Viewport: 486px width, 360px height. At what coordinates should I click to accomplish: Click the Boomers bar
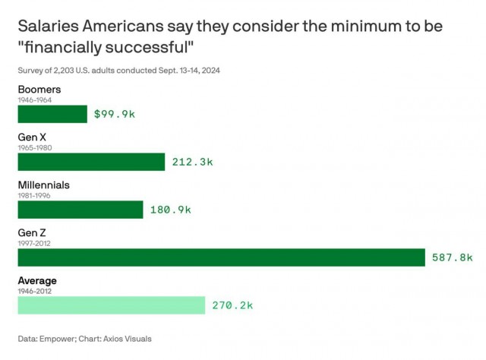tap(52, 114)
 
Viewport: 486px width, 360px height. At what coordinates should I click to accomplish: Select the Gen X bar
tap(91, 162)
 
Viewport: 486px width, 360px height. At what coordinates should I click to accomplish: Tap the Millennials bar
tap(80, 210)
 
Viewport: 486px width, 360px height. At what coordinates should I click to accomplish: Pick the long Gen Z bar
tap(222, 257)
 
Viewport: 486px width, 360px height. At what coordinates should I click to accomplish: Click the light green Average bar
tap(112, 305)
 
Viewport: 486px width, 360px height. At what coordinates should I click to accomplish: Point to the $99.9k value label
tap(115, 114)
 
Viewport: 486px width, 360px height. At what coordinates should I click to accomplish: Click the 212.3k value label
tap(192, 162)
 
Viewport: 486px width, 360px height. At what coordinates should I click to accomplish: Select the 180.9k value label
tap(171, 210)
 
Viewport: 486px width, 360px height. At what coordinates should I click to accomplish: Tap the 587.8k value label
tap(453, 257)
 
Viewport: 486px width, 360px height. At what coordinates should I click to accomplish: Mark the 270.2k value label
tap(233, 305)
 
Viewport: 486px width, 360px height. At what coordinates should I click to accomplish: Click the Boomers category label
tap(39, 90)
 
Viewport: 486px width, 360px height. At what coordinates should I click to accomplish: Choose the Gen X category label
tap(32, 137)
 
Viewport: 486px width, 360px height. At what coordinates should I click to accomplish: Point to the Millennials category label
tap(44, 185)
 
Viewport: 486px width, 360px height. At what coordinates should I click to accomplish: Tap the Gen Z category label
tap(32, 233)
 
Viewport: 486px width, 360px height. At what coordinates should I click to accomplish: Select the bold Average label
tap(37, 281)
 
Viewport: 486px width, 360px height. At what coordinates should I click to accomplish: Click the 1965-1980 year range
tap(35, 147)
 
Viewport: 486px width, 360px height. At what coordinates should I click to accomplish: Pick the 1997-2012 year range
tap(34, 243)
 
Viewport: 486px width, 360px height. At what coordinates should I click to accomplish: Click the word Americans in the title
tap(123, 26)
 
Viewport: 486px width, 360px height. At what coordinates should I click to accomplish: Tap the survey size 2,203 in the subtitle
tap(64, 71)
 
